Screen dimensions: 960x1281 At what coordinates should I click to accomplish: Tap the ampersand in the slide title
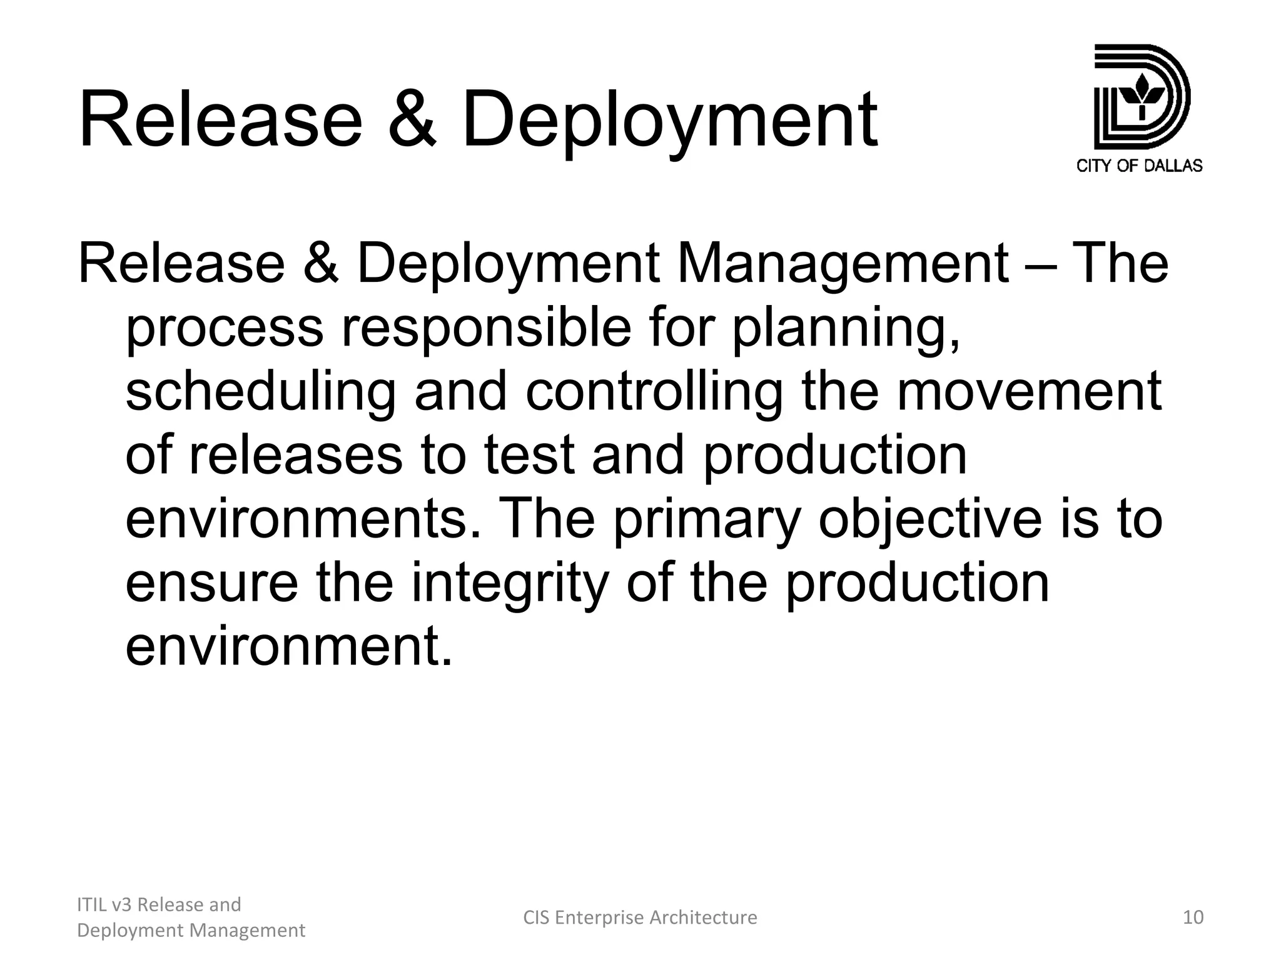(411, 120)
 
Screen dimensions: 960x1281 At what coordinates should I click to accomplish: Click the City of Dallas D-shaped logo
(1141, 97)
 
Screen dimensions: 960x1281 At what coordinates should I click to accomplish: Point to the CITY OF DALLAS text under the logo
(1140, 166)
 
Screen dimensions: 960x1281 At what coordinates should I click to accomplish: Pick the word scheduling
(260, 392)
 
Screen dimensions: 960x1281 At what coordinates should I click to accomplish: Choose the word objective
(929, 520)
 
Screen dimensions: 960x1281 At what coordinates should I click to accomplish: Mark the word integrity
(509, 584)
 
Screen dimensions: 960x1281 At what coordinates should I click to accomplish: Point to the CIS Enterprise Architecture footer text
(640, 917)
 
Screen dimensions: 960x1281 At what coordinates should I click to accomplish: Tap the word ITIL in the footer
(90, 904)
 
